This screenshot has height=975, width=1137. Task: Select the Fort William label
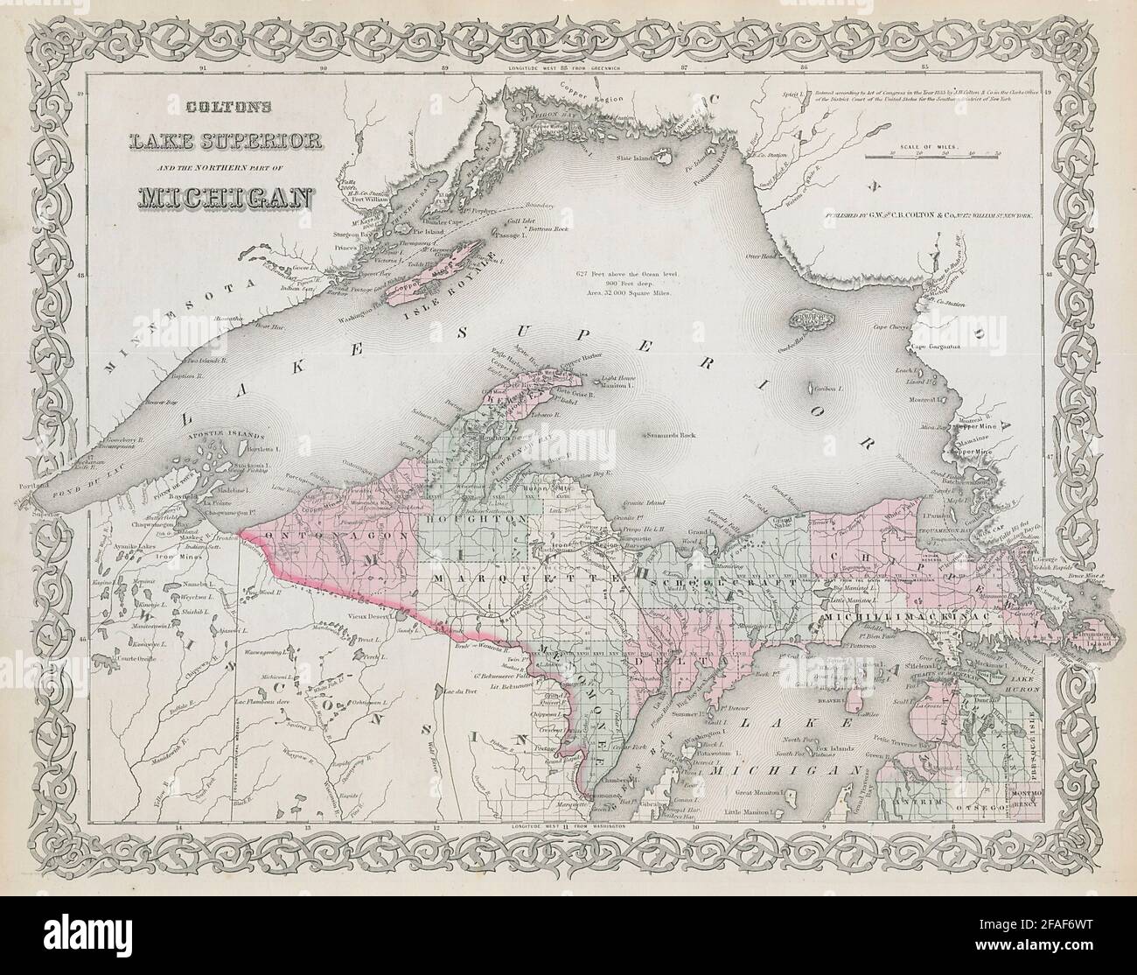click(x=354, y=207)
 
